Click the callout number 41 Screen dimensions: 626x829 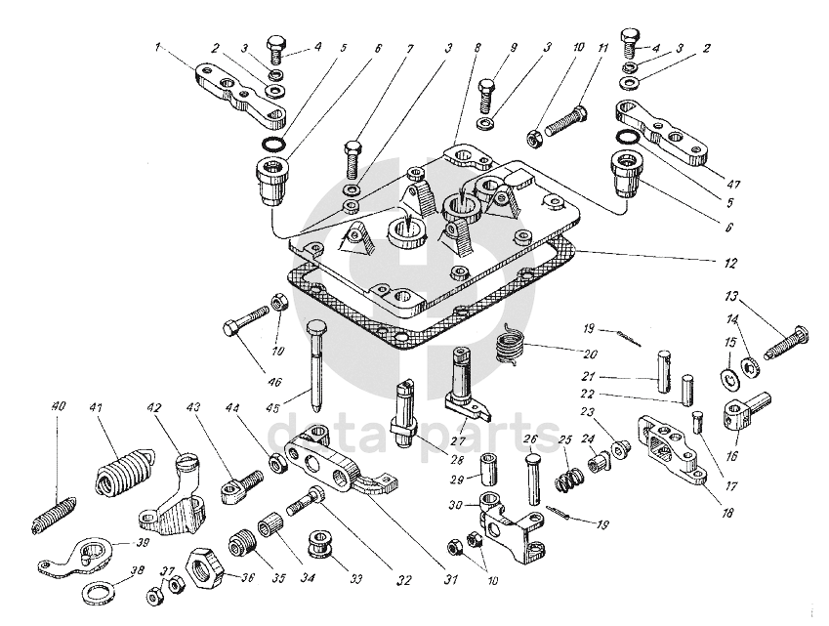pyautogui.click(x=96, y=407)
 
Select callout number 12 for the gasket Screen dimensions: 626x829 pyautogui.click(x=730, y=262)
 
